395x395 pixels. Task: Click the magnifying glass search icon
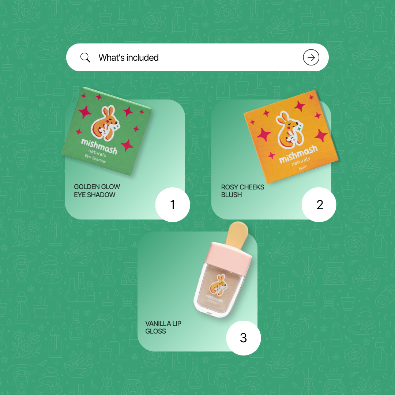85,57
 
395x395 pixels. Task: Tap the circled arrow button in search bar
311,57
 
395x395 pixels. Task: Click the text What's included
128,58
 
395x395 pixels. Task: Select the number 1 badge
173,204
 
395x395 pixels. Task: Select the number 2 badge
319,204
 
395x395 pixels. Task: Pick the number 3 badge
243,338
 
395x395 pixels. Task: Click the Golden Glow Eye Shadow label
97,191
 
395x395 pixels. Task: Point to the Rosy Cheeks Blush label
242,191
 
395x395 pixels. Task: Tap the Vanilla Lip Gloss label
163,327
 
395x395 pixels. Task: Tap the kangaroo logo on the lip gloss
217,285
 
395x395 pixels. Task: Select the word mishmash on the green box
99,146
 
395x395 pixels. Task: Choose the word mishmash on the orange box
298,154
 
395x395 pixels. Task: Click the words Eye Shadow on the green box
95,159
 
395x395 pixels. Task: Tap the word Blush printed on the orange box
303,167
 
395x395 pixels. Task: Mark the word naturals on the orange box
301,161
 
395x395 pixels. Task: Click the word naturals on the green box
97,153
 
